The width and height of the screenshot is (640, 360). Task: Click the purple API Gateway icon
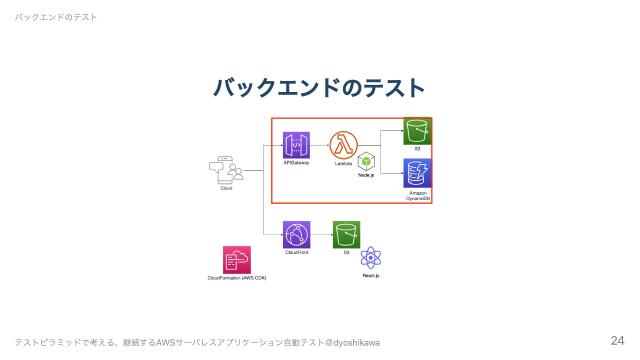click(x=296, y=145)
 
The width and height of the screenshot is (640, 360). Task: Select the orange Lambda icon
click(x=343, y=145)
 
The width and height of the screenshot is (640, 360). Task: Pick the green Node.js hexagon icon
click(x=367, y=161)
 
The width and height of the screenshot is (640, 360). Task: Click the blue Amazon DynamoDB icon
click(x=417, y=172)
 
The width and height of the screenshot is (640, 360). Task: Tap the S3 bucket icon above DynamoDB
click(x=417, y=130)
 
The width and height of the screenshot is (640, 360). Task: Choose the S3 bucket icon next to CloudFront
click(x=346, y=235)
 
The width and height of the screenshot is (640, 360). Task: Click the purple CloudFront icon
click(x=297, y=235)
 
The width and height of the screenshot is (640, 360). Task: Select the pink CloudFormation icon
click(x=237, y=259)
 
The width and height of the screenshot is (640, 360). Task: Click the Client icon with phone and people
click(x=227, y=170)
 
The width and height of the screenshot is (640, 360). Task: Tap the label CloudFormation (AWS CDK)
click(x=237, y=277)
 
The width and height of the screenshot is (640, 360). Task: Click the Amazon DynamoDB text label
click(x=418, y=195)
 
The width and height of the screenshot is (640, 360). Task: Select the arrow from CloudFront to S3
click(x=321, y=235)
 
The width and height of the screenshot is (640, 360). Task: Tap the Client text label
click(x=227, y=188)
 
